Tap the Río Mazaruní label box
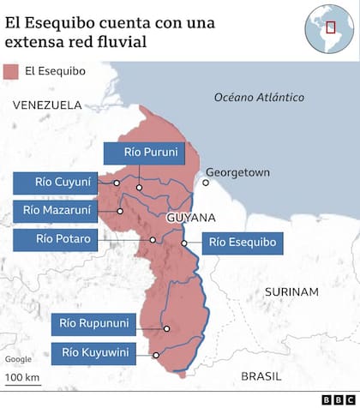coord(53,210)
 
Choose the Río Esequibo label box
coord(243,243)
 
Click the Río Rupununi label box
coord(93,323)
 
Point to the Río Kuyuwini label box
coord(92,352)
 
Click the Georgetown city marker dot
coord(206,182)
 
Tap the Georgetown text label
coord(237,172)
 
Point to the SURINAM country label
coord(291,291)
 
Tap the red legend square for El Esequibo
coord(11,70)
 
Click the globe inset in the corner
coord(327,26)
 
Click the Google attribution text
coord(18,358)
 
